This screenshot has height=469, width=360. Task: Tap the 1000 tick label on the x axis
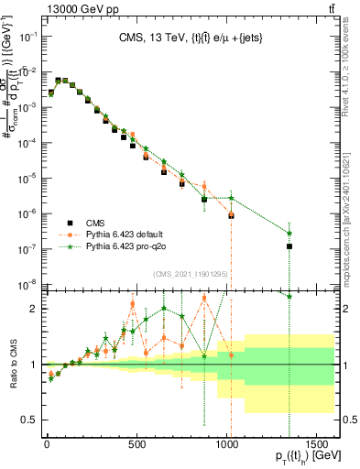pyautogui.click(x=226, y=446)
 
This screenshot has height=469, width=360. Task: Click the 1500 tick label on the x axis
pyautogui.click(x=316, y=446)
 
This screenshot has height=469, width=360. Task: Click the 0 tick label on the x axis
pyautogui.click(x=47, y=446)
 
